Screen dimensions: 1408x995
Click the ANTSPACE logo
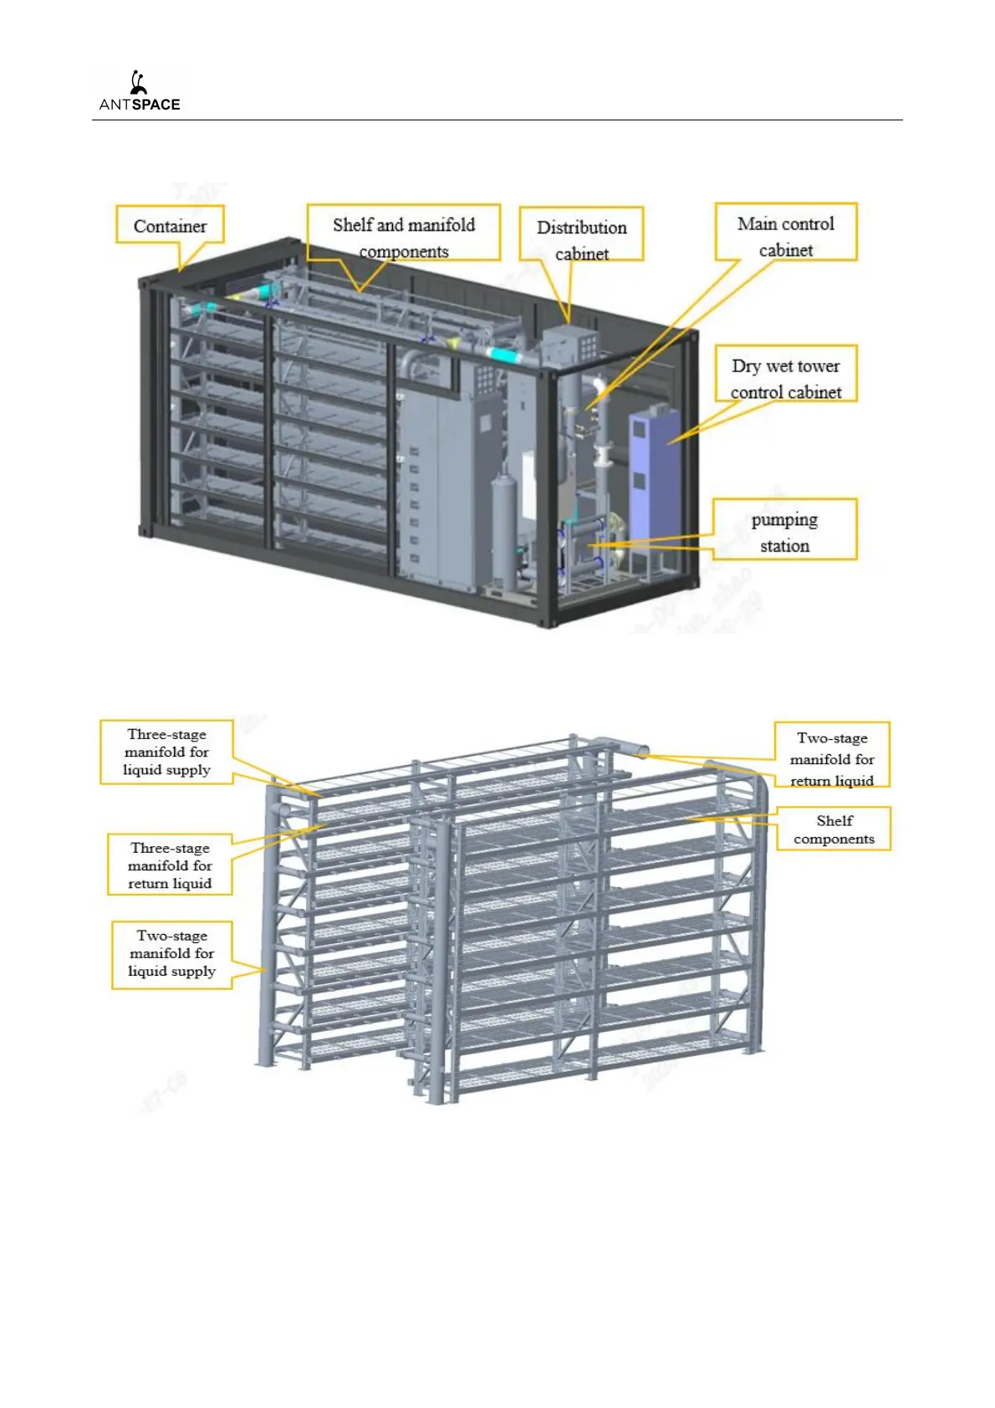click(139, 91)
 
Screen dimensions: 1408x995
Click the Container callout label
click(170, 225)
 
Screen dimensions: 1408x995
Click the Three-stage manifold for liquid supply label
click(166, 752)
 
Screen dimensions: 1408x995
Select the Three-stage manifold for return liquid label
click(170, 865)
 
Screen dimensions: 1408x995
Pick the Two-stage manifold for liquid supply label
click(171, 953)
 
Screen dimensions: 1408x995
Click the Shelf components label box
click(834, 829)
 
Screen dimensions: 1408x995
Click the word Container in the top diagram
click(170, 226)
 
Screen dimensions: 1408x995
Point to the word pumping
click(784, 520)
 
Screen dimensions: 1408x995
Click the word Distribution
click(582, 227)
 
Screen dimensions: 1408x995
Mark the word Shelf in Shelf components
click(834, 820)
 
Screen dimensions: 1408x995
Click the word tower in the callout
click(819, 366)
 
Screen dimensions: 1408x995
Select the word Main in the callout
click(757, 224)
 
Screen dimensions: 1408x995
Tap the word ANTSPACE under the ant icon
click(140, 105)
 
